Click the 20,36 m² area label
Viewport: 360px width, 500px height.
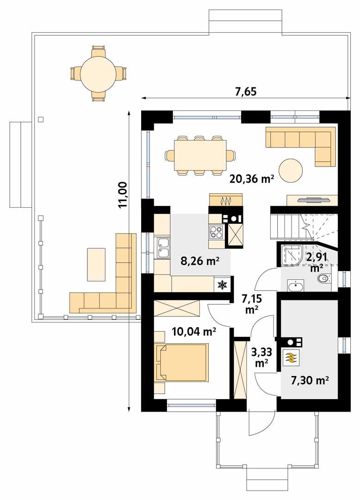coord(252,179)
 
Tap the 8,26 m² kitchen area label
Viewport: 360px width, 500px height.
coord(200,261)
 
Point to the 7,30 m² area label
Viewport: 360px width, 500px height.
coord(310,380)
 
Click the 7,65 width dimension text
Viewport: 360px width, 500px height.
coord(246,92)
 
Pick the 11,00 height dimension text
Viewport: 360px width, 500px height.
coord(123,195)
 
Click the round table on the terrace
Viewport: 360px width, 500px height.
coord(99,74)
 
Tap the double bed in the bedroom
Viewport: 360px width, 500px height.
coord(181,362)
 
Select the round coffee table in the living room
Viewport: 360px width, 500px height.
coord(291,171)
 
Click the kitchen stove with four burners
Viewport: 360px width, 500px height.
coord(217,232)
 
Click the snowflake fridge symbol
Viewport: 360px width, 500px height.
coord(221,285)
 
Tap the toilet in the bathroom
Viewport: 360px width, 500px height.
coord(324,278)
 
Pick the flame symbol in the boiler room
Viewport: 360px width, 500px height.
coord(291,358)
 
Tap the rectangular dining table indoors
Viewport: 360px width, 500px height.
coord(200,155)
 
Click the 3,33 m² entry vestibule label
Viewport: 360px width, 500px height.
coord(261,357)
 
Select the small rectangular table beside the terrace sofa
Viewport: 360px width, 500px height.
coord(96,265)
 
